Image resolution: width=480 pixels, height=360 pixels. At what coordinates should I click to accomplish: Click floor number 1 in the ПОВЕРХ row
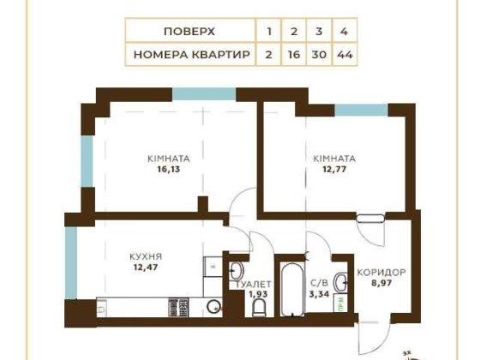coord(269,31)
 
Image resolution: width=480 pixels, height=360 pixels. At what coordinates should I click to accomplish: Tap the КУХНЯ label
coord(147,256)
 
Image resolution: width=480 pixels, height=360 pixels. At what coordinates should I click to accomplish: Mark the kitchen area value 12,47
coord(147,267)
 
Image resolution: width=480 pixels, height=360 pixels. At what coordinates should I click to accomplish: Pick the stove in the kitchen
coord(178,304)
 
